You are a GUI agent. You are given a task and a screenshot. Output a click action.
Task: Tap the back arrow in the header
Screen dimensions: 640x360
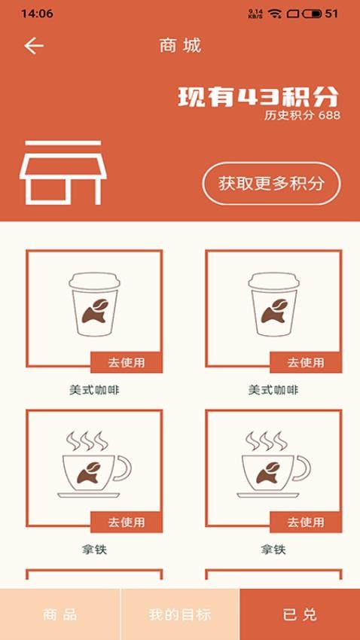click(x=34, y=46)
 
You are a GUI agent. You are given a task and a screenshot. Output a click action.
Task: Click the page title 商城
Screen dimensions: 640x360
click(x=180, y=46)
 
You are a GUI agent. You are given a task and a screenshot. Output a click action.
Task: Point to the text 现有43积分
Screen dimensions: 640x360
click(x=258, y=97)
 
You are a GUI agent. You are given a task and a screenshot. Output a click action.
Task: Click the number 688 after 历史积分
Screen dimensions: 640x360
click(x=329, y=115)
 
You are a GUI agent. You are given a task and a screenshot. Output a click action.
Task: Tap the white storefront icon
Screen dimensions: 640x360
click(x=60, y=172)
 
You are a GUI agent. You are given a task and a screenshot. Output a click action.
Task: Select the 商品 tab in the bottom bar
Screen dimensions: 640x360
click(x=59, y=614)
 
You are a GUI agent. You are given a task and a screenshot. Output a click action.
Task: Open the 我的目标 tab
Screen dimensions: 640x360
click(x=179, y=614)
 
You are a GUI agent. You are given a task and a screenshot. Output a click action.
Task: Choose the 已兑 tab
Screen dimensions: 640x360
click(x=300, y=614)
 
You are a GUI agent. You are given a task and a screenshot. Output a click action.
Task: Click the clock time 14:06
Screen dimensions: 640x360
click(x=37, y=14)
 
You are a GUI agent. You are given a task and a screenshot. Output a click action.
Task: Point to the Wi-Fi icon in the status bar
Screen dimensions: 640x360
click(x=274, y=14)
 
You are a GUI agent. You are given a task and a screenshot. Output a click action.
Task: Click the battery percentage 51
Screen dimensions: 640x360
click(x=331, y=14)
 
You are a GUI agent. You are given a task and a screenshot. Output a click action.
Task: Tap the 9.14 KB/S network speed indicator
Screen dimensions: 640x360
click(x=255, y=14)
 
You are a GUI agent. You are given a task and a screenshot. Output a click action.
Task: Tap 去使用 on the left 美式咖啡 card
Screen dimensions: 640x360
click(x=126, y=362)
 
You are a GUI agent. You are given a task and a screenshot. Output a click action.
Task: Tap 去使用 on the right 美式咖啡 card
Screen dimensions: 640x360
click(x=305, y=362)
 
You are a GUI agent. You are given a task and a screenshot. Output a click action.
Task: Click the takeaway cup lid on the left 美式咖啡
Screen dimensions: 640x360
click(x=94, y=280)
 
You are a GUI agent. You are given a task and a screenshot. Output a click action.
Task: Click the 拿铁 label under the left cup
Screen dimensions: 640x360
click(x=94, y=550)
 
